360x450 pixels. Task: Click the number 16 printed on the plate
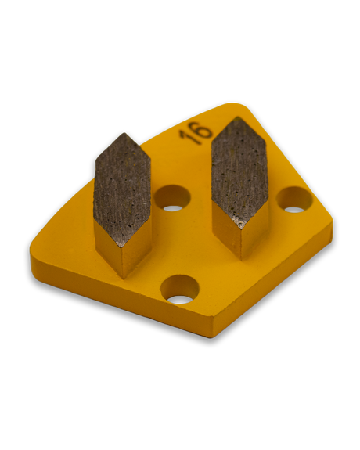pyautogui.click(x=196, y=132)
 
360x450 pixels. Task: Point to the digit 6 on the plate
pyautogui.click(x=202, y=130)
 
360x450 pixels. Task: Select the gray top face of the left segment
pyautogui.click(x=122, y=189)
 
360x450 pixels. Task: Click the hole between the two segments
pyautogui.click(x=172, y=198)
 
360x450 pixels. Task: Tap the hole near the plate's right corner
pyautogui.click(x=294, y=200)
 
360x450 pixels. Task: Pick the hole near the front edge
pyautogui.click(x=180, y=290)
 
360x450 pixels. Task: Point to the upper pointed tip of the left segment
pyautogui.click(x=124, y=133)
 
